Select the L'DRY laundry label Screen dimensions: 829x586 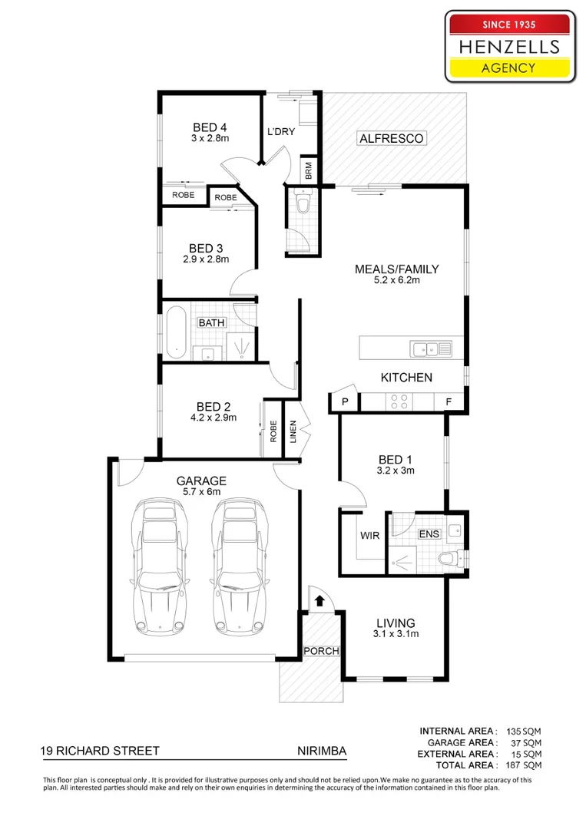point(281,132)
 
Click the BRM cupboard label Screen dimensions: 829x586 point(308,170)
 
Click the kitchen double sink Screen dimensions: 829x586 point(431,349)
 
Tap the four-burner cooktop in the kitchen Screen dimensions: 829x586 point(399,401)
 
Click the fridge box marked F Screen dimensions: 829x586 point(448,401)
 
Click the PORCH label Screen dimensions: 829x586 point(321,651)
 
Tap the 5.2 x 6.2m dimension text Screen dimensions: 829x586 point(396,280)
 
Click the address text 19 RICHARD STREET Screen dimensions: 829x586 point(101,751)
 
